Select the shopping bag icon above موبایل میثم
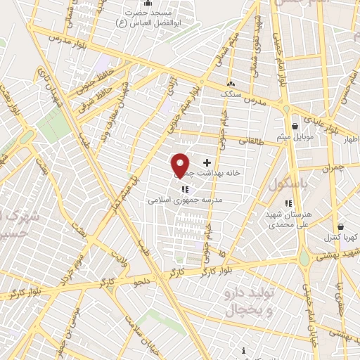click(x=294, y=127)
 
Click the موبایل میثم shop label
click(x=302, y=136)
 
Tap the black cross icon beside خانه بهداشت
click(x=206, y=162)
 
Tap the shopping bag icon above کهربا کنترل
click(x=341, y=227)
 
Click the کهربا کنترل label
click(x=345, y=237)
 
